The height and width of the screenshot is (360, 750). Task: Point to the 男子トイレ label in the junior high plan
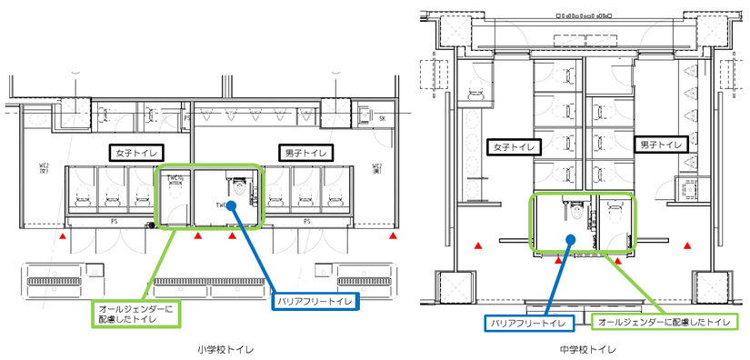pos(655,145)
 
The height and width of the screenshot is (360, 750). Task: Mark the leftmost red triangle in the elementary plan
pos(62,236)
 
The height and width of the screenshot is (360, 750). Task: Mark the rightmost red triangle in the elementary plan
pos(393,236)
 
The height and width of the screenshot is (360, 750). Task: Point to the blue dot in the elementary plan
pos(231,205)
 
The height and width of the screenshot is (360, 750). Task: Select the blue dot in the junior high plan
pos(570,240)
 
